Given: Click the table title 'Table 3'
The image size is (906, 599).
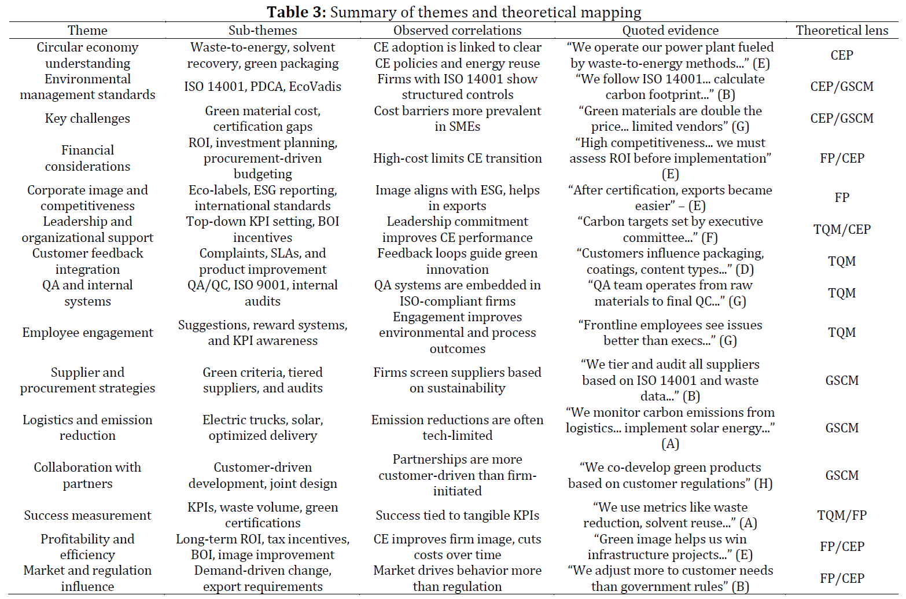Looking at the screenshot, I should pos(296,12).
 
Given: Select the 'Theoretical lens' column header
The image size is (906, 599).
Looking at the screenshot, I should pos(842,31).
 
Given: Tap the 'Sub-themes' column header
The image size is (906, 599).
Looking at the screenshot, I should pos(263,31).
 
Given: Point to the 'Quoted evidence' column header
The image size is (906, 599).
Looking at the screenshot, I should pos(670,31).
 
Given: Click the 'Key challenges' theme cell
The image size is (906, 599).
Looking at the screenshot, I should pos(87,119).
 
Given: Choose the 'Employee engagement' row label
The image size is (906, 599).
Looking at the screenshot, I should pos(87,333).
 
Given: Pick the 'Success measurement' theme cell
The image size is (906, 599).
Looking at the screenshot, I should pos(87,515).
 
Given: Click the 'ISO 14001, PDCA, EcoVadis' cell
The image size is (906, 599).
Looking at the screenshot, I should pos(263,87).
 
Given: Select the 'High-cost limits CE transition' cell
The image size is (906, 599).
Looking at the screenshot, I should pos(457,158).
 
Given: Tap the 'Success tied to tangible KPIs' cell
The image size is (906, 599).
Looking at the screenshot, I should pos(457,515).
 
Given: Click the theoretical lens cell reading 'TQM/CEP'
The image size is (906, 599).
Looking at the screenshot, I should pos(842,230).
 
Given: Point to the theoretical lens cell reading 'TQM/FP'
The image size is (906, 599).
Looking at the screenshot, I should pos(842,515).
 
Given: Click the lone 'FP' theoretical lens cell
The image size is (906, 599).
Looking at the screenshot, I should pos(842,198).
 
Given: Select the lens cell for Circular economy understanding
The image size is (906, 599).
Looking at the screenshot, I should pos(842,55).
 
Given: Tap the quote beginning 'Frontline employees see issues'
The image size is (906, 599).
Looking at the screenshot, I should pos(670,333).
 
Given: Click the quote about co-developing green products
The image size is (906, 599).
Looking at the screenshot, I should pos(670,475).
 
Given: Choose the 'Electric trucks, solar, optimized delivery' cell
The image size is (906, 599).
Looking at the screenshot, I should pos(263,428).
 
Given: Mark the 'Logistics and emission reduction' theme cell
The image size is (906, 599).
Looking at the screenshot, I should pos(87,428).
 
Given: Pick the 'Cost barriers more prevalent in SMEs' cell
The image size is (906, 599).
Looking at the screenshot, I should pos(457,119).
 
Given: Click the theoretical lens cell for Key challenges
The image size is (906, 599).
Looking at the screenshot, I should pos(842,119).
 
